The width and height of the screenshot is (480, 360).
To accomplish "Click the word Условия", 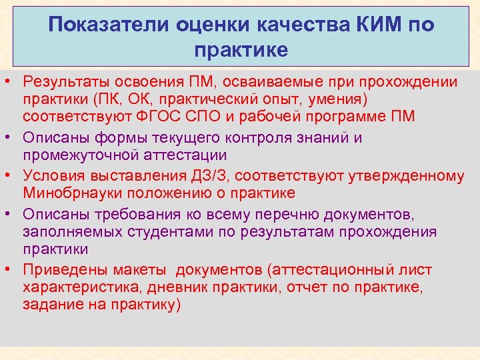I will (54, 177).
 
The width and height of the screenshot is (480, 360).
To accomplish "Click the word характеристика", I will (81, 287).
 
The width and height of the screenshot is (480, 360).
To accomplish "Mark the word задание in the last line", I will (51, 305).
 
